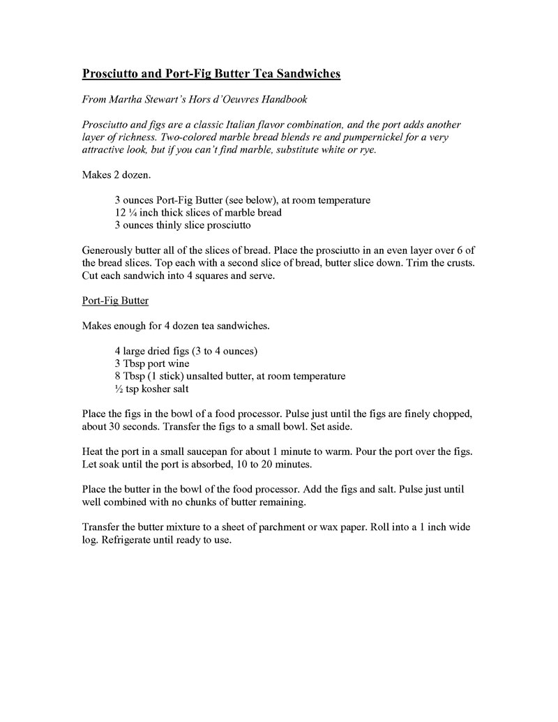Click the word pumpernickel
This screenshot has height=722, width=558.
tap(359, 137)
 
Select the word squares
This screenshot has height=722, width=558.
tap(197, 276)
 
